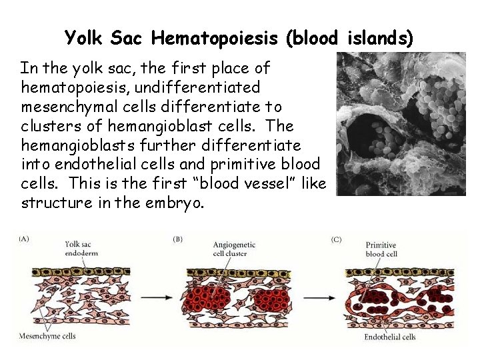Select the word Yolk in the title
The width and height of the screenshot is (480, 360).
click(x=82, y=38)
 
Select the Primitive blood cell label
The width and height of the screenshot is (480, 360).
click(x=381, y=249)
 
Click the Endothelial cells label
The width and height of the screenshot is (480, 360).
click(x=390, y=337)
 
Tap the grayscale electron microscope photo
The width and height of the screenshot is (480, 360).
click(x=401, y=124)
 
